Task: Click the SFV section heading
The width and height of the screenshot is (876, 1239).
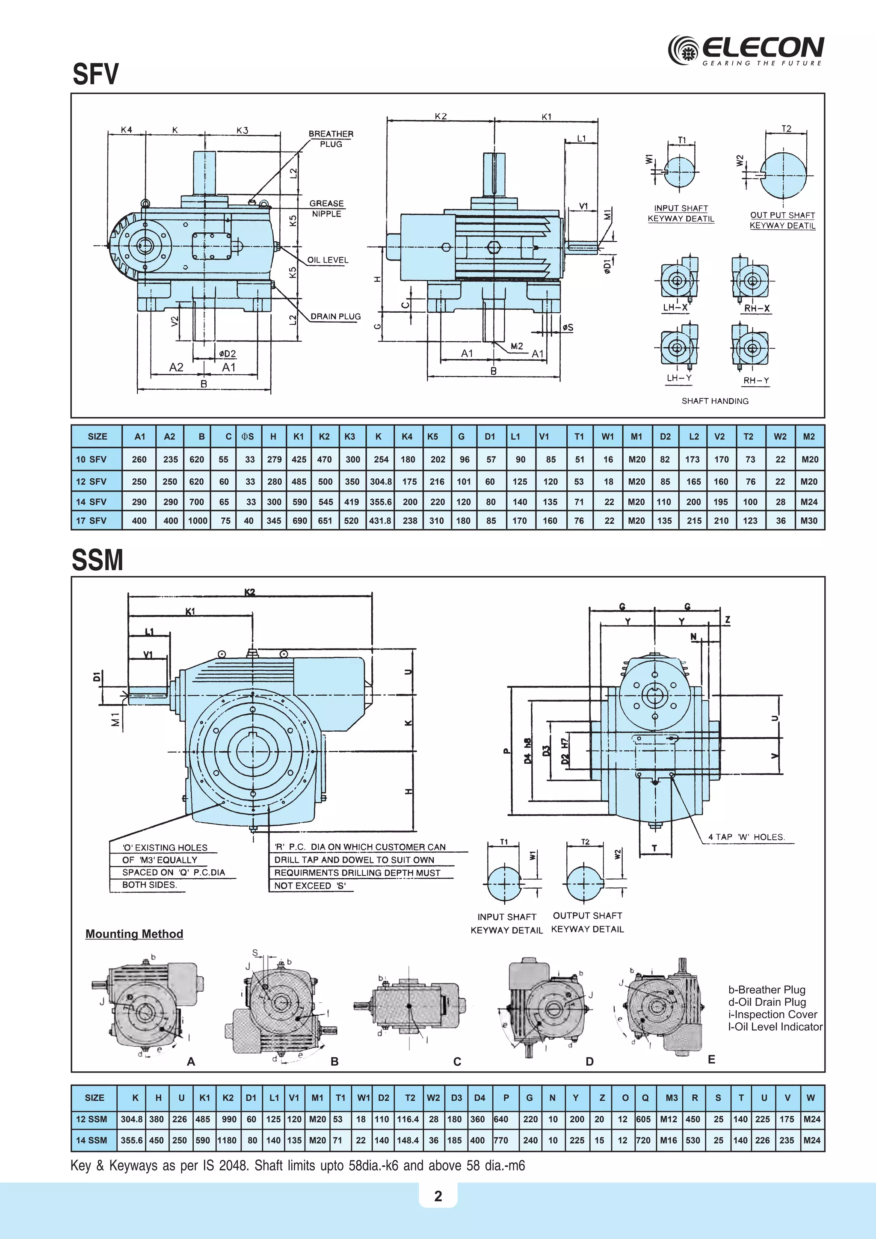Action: tap(95, 74)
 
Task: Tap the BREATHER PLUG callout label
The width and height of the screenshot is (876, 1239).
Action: tap(331, 139)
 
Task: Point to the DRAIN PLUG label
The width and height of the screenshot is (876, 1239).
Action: tap(335, 317)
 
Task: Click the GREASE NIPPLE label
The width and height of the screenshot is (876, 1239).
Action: tap(326, 208)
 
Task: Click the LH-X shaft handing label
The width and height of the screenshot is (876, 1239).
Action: tap(675, 308)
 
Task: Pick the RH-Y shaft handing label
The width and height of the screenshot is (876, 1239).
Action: tap(756, 380)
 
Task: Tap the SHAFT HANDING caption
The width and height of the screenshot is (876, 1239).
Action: tap(715, 401)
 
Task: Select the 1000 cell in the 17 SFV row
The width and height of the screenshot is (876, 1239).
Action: tap(198, 521)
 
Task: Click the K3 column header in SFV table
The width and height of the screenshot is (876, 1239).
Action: tap(349, 436)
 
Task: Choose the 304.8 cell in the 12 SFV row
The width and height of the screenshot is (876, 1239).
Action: tap(381, 481)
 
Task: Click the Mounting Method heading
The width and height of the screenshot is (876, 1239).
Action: tap(134, 934)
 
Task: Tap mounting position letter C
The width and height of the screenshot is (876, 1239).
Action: tap(457, 1061)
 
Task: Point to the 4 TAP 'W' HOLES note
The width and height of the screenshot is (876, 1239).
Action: tap(746, 837)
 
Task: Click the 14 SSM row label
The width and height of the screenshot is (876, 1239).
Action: tap(91, 1140)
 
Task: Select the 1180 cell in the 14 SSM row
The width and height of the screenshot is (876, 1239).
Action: tap(227, 1140)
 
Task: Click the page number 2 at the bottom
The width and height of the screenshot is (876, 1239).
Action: tap(438, 1196)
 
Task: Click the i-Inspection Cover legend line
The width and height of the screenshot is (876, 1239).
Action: tap(772, 1014)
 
